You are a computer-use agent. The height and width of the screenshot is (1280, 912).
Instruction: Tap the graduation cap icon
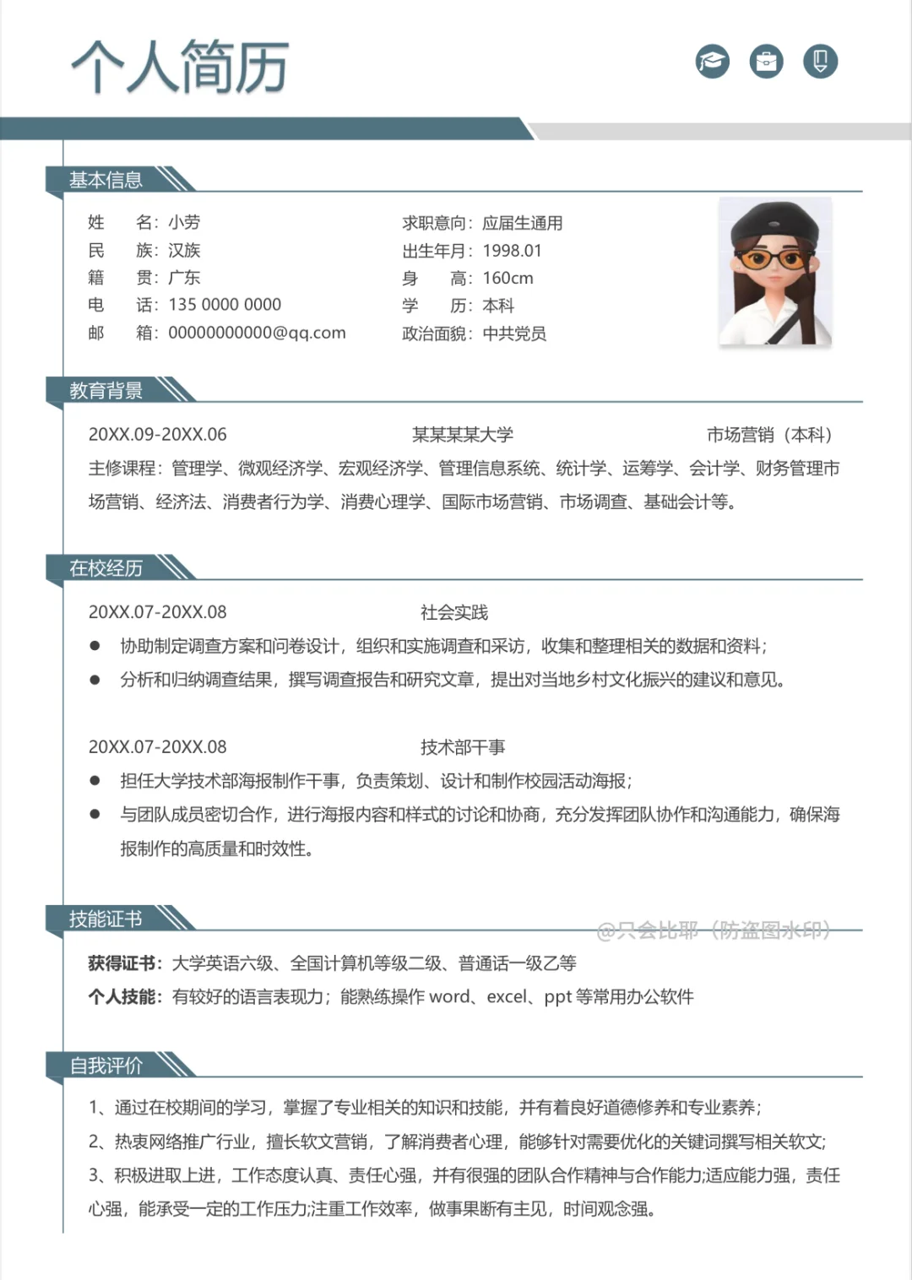click(713, 61)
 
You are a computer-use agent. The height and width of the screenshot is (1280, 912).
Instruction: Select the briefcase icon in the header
click(767, 61)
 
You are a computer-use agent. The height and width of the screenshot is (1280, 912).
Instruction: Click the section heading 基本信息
click(106, 180)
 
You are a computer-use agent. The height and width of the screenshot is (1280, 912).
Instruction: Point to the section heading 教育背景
click(106, 390)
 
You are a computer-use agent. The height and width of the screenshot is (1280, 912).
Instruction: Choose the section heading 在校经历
click(106, 568)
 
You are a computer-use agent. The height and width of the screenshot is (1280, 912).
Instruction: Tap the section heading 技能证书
click(106, 919)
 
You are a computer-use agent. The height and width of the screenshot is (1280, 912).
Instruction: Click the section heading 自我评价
click(106, 1066)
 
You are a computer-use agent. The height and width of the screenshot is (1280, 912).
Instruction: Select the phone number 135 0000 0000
click(225, 305)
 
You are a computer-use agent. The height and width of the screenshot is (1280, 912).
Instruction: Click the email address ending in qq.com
click(257, 333)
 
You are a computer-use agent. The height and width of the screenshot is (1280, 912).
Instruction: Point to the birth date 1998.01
click(512, 251)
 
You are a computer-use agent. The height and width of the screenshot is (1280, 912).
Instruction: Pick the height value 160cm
click(508, 278)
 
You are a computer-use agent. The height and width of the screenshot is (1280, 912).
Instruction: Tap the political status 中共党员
click(514, 334)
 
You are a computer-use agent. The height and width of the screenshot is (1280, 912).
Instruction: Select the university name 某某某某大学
click(463, 435)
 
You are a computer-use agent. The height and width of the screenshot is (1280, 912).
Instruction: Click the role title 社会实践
click(454, 612)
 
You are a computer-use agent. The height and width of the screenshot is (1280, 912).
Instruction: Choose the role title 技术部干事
click(463, 747)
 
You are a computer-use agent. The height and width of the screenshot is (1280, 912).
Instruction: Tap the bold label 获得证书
click(123, 963)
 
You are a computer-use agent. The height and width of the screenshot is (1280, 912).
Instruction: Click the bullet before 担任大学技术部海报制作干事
click(95, 781)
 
